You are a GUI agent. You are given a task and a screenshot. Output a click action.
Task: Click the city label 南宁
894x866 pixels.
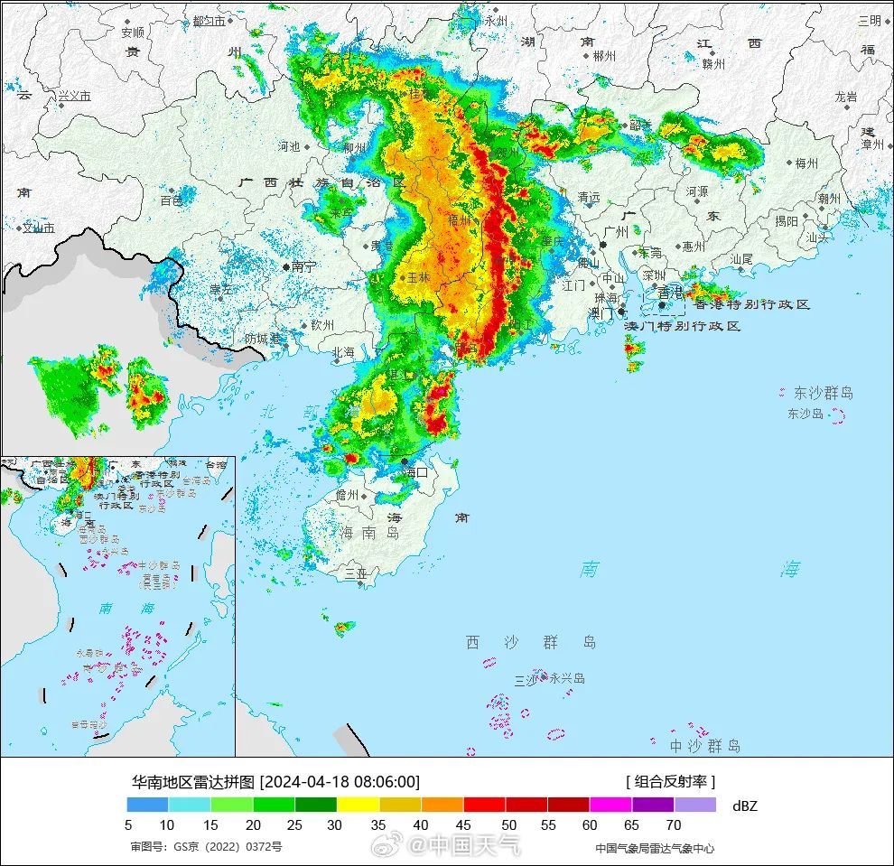point(304,266)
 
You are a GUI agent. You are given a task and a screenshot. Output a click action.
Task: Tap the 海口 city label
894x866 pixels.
point(415,472)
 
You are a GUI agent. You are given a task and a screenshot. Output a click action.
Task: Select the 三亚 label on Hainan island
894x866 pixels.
point(356,572)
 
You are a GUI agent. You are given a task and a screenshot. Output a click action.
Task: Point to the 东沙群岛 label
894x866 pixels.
point(823,393)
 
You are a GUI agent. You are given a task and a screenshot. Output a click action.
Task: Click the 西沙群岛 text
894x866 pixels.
point(531,642)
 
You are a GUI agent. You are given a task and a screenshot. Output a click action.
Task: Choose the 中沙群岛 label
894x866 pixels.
point(705,746)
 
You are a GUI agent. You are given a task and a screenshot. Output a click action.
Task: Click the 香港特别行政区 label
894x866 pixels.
point(751,304)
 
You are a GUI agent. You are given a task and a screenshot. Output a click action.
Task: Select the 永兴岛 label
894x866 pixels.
point(566,678)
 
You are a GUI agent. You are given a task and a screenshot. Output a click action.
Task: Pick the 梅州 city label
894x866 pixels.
point(806,163)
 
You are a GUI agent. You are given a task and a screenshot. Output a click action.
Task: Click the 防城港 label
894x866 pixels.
point(263,339)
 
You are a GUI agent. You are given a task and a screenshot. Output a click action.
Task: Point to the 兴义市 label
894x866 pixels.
point(74,95)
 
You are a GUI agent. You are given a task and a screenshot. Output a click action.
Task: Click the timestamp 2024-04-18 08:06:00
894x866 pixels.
point(341,782)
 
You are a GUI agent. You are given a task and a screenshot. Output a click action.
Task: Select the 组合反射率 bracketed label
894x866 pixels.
point(670,782)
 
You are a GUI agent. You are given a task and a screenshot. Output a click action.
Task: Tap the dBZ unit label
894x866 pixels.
point(746,805)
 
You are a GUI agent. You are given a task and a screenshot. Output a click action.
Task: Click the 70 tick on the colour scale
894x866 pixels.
point(674,824)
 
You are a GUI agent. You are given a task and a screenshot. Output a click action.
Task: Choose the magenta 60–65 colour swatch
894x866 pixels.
point(610,805)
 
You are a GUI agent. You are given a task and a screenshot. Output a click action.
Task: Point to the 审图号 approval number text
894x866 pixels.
point(206,847)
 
